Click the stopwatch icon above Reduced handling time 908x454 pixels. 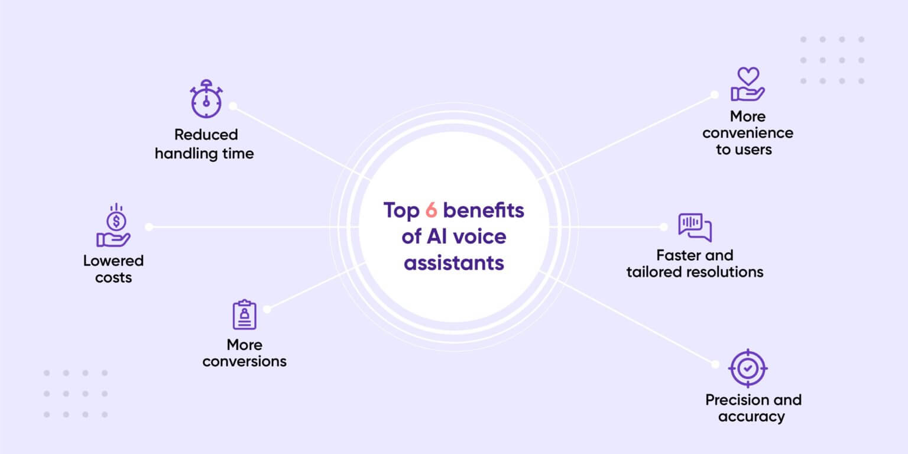click(x=206, y=99)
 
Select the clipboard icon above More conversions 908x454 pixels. click(x=244, y=314)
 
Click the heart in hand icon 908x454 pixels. click(x=748, y=85)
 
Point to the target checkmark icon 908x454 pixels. click(x=748, y=368)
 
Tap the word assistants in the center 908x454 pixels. click(x=453, y=262)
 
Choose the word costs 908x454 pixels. click(x=113, y=277)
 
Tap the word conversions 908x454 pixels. click(x=244, y=361)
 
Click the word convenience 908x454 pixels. click(x=748, y=133)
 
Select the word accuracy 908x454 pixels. click(x=751, y=417)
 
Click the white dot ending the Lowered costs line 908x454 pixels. click(x=149, y=226)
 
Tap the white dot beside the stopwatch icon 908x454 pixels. click(x=233, y=106)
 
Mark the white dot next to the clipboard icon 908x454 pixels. click(x=267, y=309)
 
